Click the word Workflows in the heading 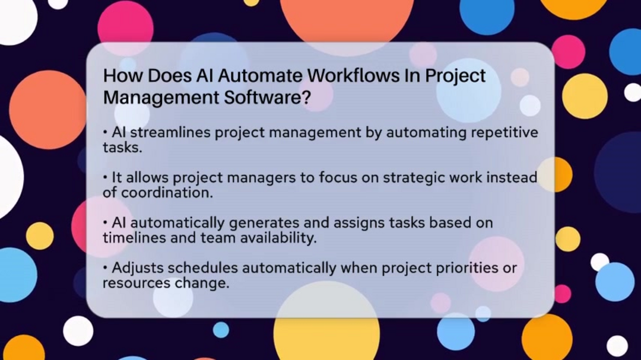pyautogui.click(x=353, y=75)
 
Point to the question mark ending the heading pyautogui.click(x=307, y=97)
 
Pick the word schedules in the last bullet pyautogui.click(x=203, y=267)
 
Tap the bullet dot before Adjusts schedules pyautogui.click(x=106, y=268)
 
